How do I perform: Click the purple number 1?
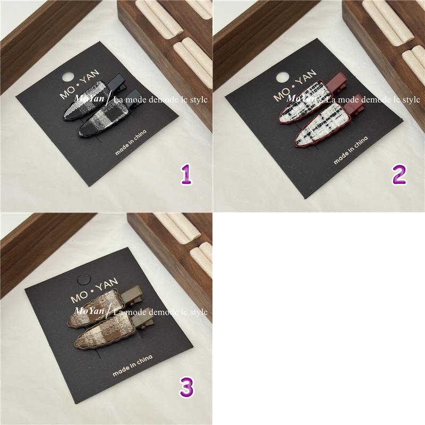coord(186,175)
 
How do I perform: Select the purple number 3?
coord(186,388)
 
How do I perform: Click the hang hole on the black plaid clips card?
coord(68,76)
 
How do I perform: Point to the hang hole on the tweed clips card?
coord(282,77)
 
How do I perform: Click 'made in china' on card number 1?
coord(131,142)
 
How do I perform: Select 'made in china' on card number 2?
coord(351,150)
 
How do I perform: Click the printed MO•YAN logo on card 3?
coord(94,290)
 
